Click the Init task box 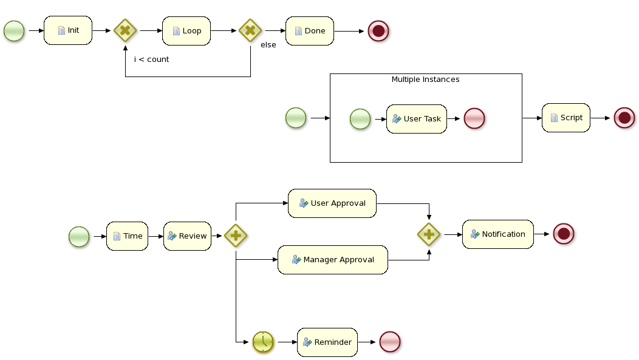(68, 30)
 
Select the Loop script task (186, 30)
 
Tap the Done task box (309, 30)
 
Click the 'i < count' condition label (151, 59)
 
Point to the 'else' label (268, 45)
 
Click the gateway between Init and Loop (125, 30)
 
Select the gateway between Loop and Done (250, 30)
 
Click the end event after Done (378, 30)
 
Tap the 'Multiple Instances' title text (425, 80)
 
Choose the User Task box (416, 119)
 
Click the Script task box (566, 118)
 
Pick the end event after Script (624, 118)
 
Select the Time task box (127, 236)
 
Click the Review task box (187, 236)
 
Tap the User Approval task (332, 203)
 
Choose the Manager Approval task (333, 260)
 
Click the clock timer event (263, 342)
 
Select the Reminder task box (327, 342)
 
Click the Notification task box (497, 234)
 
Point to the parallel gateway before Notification (429, 234)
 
